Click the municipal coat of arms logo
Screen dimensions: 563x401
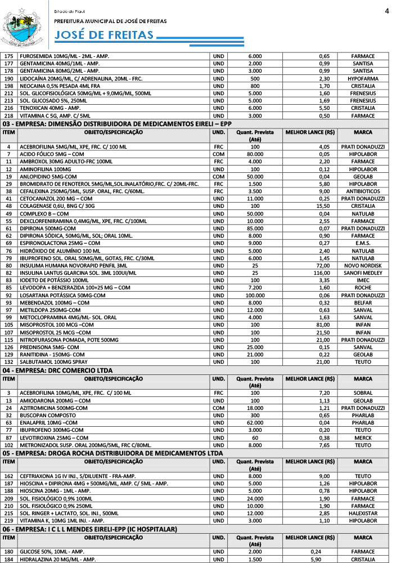pos(22,25)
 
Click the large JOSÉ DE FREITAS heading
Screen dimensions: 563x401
pos(105,35)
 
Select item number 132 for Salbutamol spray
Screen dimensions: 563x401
pos(9,361)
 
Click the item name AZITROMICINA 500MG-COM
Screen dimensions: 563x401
pos(53,408)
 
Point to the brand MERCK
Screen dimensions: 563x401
pos(363,437)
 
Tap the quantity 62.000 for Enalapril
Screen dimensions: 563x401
pos(255,422)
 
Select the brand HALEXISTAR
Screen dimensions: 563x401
pos(363,513)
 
